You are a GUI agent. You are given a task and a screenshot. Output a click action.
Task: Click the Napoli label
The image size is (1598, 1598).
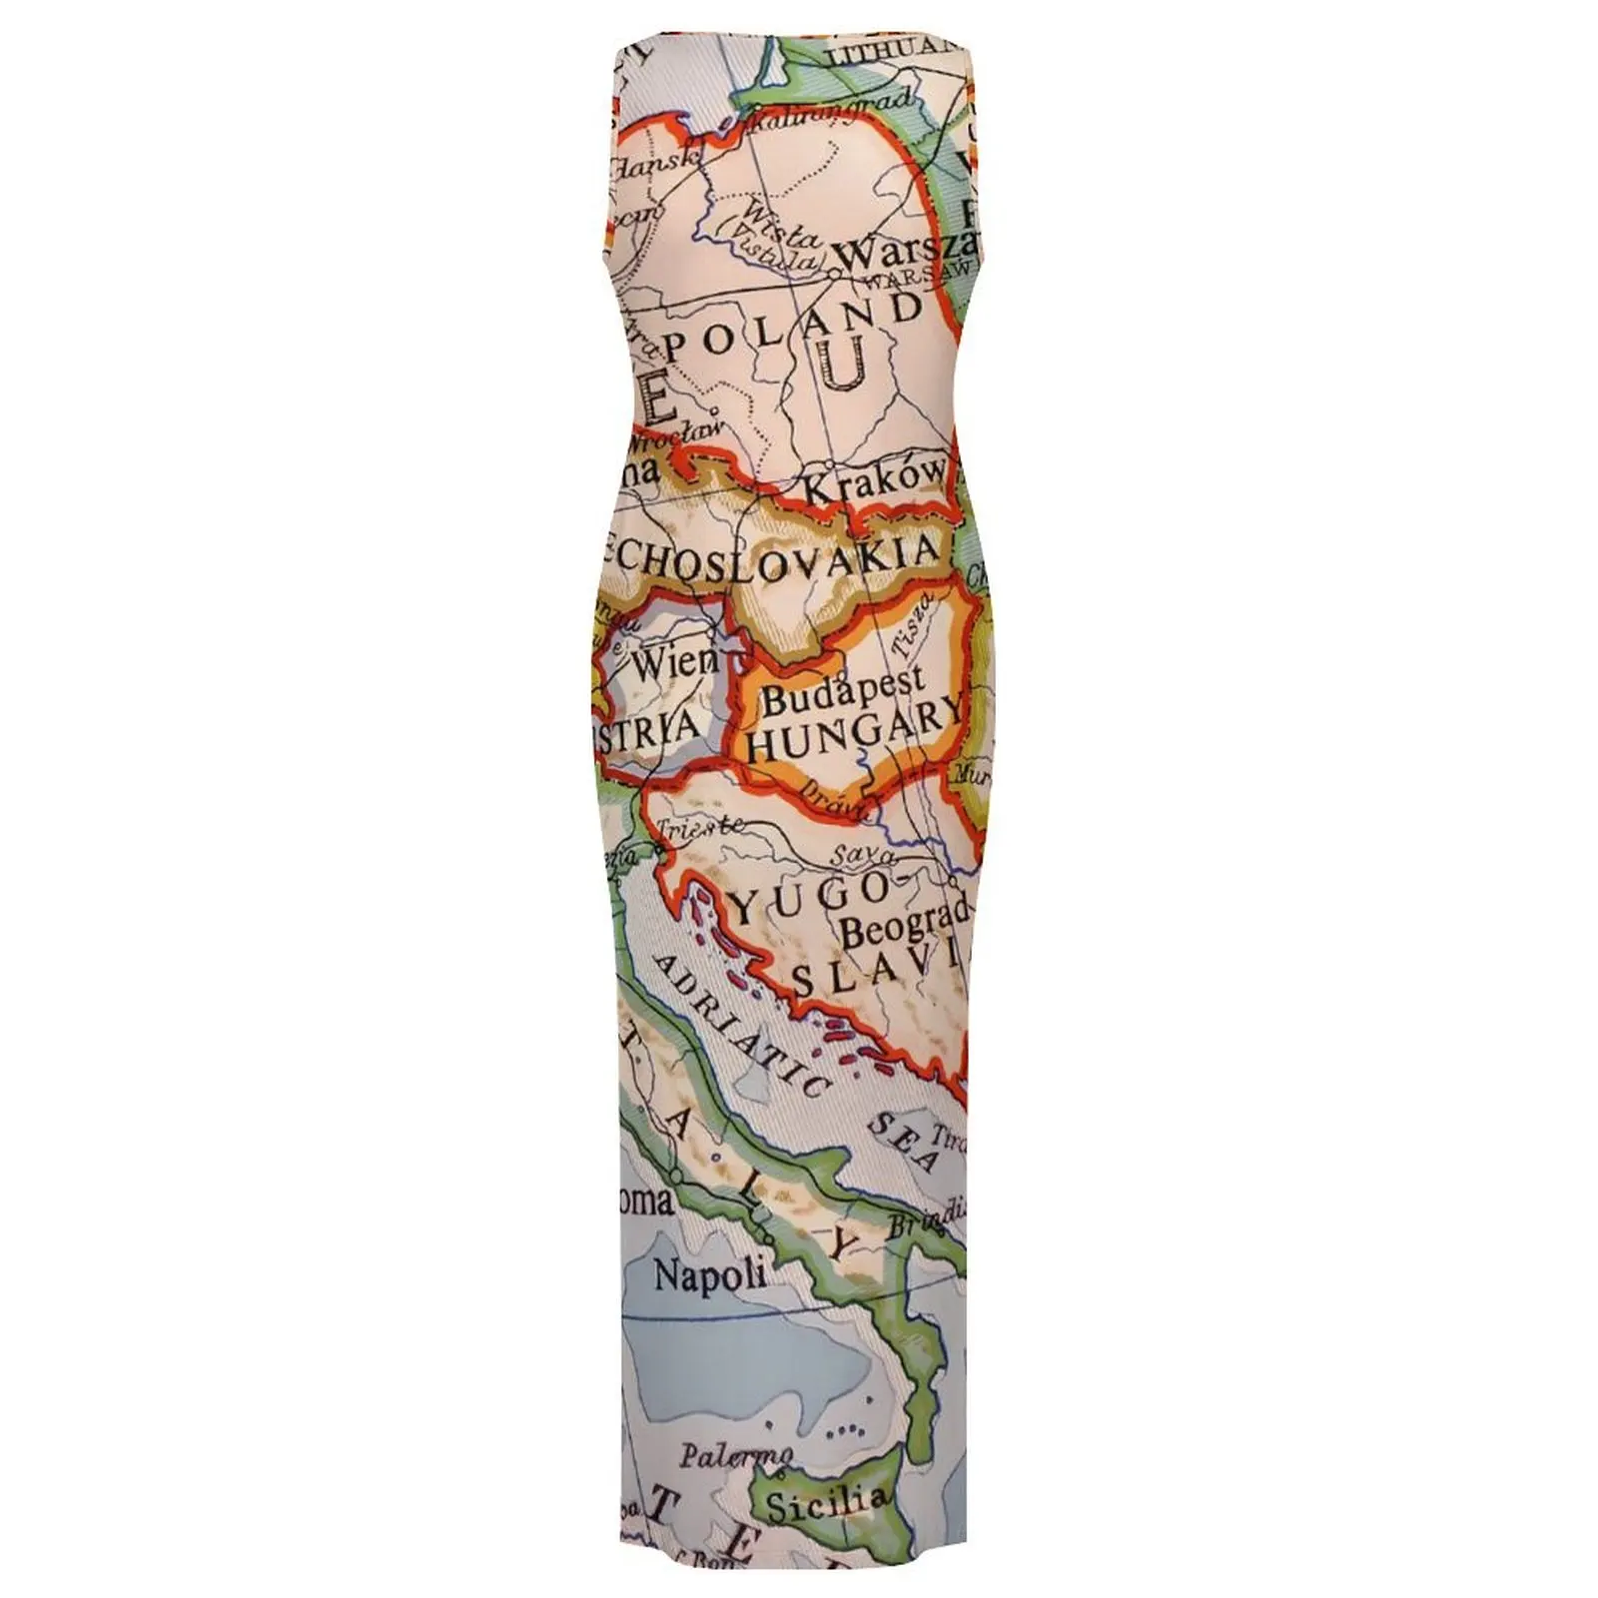click(710, 1275)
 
